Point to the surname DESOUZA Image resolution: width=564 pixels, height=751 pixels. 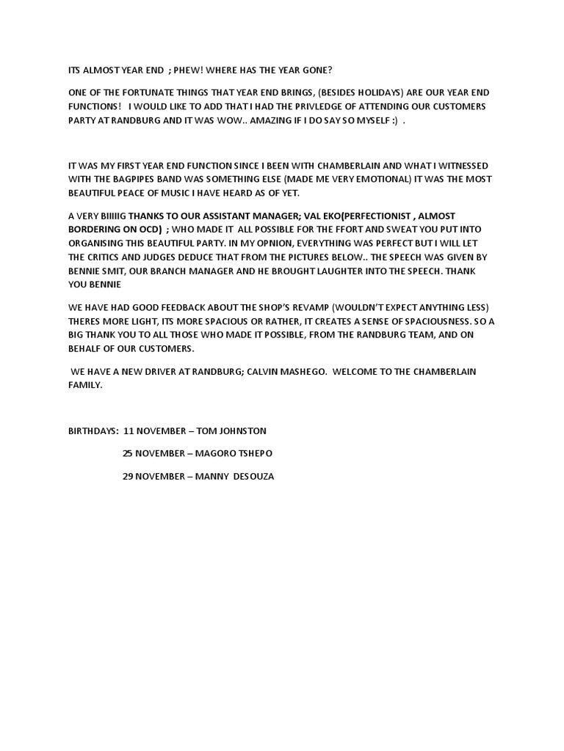point(254,477)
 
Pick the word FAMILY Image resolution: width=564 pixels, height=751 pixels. point(85,385)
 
